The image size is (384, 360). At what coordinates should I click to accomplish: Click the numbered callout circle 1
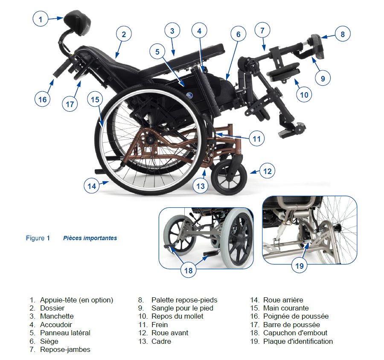coord(41,19)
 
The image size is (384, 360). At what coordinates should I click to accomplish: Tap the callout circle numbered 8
coord(343,34)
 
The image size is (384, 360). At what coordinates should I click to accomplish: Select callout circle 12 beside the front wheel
coord(267,171)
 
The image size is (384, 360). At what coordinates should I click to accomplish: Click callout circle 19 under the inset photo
coord(300,266)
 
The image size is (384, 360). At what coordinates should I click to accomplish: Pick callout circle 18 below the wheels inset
coord(189,270)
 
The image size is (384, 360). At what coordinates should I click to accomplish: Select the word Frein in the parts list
coord(160,325)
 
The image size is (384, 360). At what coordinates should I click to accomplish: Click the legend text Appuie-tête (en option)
coord(76,300)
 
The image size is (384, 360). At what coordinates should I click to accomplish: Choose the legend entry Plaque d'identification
coord(298,341)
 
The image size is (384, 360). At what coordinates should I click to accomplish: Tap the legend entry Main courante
coord(286,308)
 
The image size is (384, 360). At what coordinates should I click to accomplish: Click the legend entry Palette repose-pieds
coord(184,300)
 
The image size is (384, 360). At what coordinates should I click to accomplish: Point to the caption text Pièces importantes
coord(90,238)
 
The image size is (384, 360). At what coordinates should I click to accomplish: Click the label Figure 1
coord(38,238)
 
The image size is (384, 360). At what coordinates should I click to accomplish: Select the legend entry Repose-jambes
coord(65,349)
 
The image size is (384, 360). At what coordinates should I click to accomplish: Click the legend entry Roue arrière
coord(283,300)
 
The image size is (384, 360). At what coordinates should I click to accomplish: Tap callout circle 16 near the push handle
coord(42,99)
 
